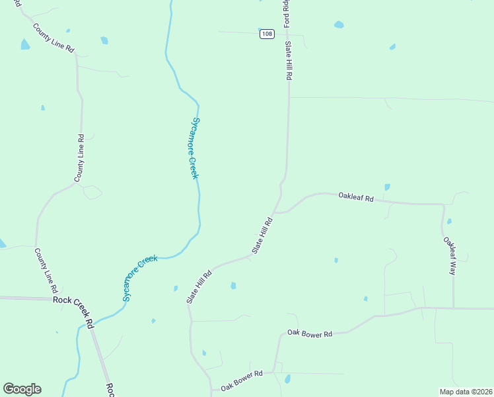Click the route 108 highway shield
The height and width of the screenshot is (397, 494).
point(266,34)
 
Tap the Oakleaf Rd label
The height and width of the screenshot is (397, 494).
point(356,197)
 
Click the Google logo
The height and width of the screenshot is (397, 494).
point(22,389)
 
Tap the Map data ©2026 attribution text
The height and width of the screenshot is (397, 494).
point(465,392)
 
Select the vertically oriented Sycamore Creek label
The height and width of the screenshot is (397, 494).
point(194,148)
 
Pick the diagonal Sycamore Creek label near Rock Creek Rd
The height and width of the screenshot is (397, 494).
point(141,278)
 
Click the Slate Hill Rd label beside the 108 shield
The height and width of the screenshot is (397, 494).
point(289,60)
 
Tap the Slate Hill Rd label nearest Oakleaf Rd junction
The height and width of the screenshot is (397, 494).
point(262,236)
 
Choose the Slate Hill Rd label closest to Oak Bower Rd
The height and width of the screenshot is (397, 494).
point(198,287)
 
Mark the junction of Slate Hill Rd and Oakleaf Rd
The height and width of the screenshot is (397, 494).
point(275,212)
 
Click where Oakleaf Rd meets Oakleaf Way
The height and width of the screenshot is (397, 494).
point(442,205)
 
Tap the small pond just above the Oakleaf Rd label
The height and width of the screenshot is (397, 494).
point(387,187)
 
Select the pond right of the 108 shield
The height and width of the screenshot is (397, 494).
point(339,25)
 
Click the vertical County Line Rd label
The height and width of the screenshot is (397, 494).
point(79,159)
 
